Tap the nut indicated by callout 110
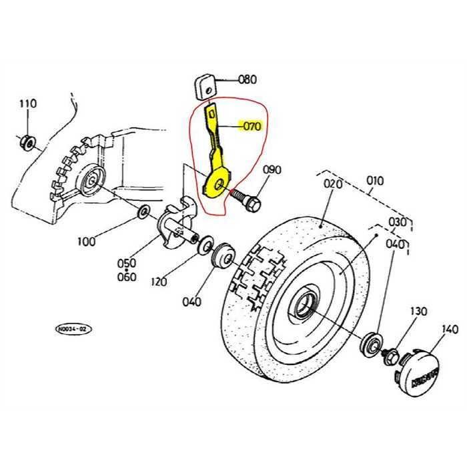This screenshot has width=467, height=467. (x=28, y=141)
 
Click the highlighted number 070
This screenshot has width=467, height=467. (x=252, y=125)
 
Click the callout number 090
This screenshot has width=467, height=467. (x=272, y=170)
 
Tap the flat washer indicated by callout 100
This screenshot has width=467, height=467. (x=143, y=214)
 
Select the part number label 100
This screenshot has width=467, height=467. (x=86, y=241)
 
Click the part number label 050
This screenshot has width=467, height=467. (x=127, y=264)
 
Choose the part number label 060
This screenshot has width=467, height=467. (x=127, y=277)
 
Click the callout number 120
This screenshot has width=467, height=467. (x=159, y=282)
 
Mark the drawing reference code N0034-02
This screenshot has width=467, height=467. (x=74, y=329)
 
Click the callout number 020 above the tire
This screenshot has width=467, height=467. (x=333, y=183)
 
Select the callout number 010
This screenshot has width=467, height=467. (x=375, y=180)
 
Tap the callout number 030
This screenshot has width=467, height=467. (x=398, y=221)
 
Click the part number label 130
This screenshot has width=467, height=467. (x=418, y=312)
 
